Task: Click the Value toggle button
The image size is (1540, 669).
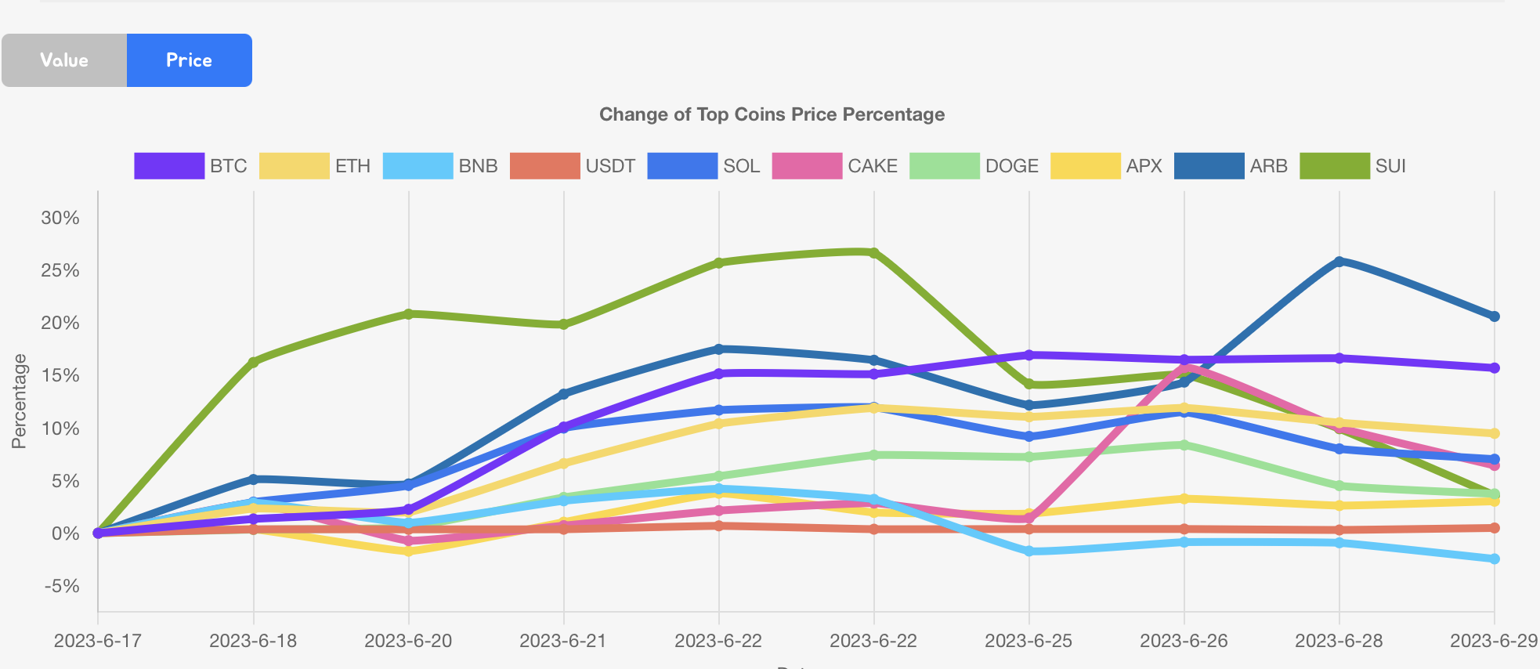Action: pyautogui.click(x=64, y=60)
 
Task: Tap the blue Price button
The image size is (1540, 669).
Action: pyautogui.click(x=189, y=60)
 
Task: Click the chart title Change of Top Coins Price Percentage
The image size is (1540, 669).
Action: pyautogui.click(x=772, y=114)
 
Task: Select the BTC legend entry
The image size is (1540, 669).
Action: pyautogui.click(x=191, y=166)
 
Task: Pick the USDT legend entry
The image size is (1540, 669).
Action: pyautogui.click(x=573, y=166)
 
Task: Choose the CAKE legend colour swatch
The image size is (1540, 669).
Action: pyautogui.click(x=806, y=166)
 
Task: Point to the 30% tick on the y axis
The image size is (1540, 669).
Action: pyautogui.click(x=60, y=218)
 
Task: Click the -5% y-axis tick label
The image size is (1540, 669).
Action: pyautogui.click(x=62, y=586)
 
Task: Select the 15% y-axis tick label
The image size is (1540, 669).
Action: pyautogui.click(x=60, y=375)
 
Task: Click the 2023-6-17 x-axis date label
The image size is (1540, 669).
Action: pyautogui.click(x=98, y=641)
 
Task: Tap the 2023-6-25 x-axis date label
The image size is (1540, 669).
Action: pyautogui.click(x=1028, y=641)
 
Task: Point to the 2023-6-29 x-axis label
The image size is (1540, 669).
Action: pyautogui.click(x=1493, y=641)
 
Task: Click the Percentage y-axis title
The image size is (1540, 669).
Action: pyautogui.click(x=19, y=401)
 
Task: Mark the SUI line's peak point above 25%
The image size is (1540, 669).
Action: pyautogui.click(x=873, y=252)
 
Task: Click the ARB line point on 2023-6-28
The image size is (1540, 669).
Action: pyautogui.click(x=1339, y=262)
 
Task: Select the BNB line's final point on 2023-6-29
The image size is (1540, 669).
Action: pyautogui.click(x=1494, y=559)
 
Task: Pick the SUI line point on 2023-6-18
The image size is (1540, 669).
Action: pyautogui.click(x=253, y=362)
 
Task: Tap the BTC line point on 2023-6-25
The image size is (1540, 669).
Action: pyautogui.click(x=1028, y=355)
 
